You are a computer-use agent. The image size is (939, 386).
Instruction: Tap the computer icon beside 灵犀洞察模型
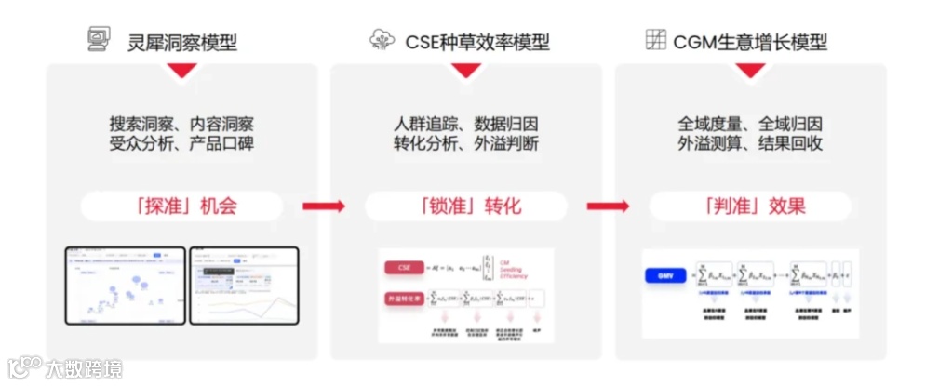click(97, 40)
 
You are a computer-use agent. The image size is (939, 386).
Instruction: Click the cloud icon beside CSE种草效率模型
click(381, 40)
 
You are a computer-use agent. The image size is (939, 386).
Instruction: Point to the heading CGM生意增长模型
click(750, 41)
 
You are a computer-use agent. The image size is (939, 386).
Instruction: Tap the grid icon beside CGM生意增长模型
click(656, 40)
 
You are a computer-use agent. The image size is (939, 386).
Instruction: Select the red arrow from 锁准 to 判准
click(607, 206)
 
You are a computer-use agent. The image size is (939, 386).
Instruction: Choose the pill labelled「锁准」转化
click(465, 206)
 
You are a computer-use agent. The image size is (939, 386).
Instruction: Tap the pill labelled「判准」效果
click(750, 206)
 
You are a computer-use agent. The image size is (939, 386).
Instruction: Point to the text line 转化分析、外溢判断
click(465, 145)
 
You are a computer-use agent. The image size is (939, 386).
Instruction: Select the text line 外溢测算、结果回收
click(750, 145)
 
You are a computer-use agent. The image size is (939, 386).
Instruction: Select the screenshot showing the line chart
click(244, 285)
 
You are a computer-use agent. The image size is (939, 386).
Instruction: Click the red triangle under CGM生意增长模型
click(750, 71)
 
